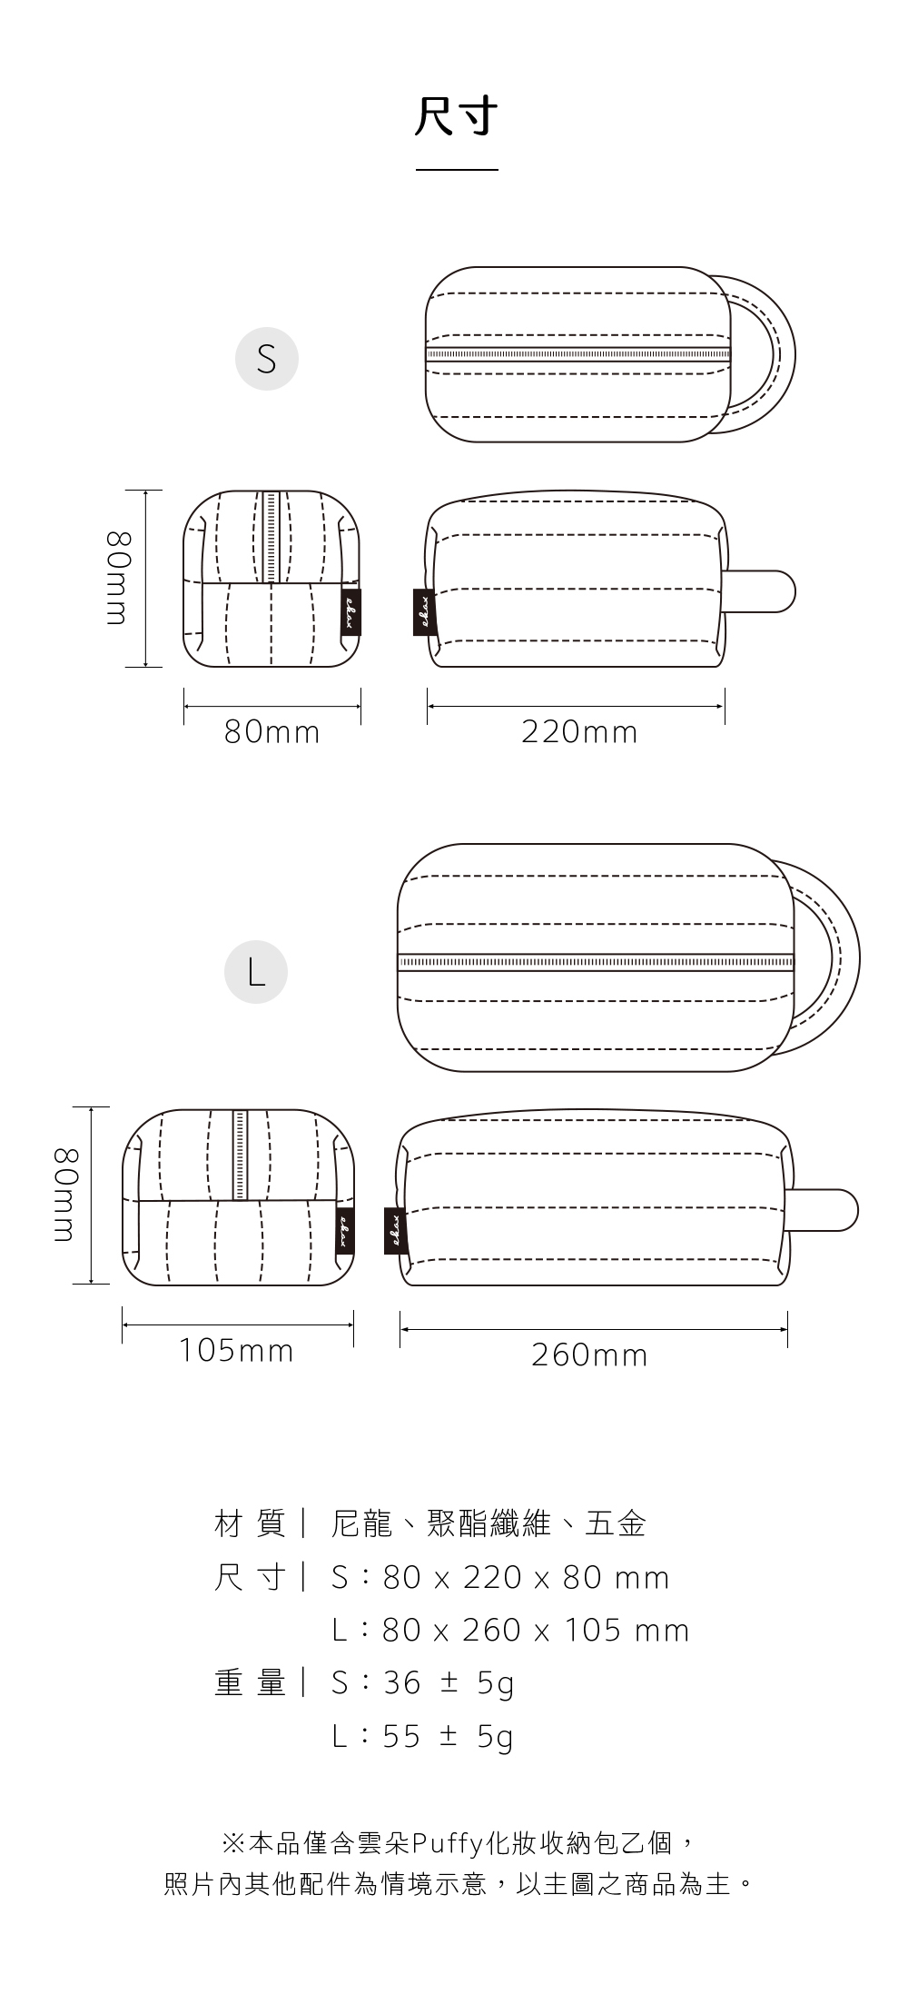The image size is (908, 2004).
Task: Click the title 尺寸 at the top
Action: pyautogui.click(x=457, y=117)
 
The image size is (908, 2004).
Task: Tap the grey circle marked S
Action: pyautogui.click(x=267, y=359)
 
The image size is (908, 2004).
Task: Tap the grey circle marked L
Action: pyautogui.click(x=256, y=972)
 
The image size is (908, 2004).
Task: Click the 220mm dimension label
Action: pyautogui.click(x=579, y=732)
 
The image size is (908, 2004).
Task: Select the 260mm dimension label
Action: pyautogui.click(x=589, y=1355)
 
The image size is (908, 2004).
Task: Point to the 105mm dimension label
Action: pyautogui.click(x=236, y=1351)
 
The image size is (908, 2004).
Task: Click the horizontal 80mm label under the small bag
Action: pyautogui.click(x=272, y=732)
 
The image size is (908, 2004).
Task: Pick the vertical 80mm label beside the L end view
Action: pyautogui.click(x=66, y=1195)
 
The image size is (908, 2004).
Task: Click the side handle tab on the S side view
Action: pyautogui.click(x=761, y=591)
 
